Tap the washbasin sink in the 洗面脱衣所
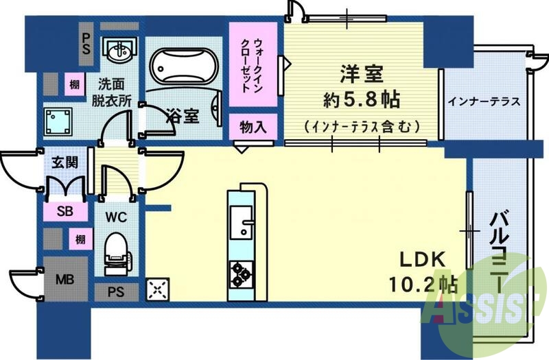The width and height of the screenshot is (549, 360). coord(119,49)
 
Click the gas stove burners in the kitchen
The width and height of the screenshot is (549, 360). coord(242,273)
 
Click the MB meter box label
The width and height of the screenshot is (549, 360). coord(65,279)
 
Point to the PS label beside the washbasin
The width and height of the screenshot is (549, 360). coord(87,44)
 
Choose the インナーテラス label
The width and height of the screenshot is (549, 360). coord(484,101)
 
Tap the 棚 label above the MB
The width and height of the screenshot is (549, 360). coord(80,239)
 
